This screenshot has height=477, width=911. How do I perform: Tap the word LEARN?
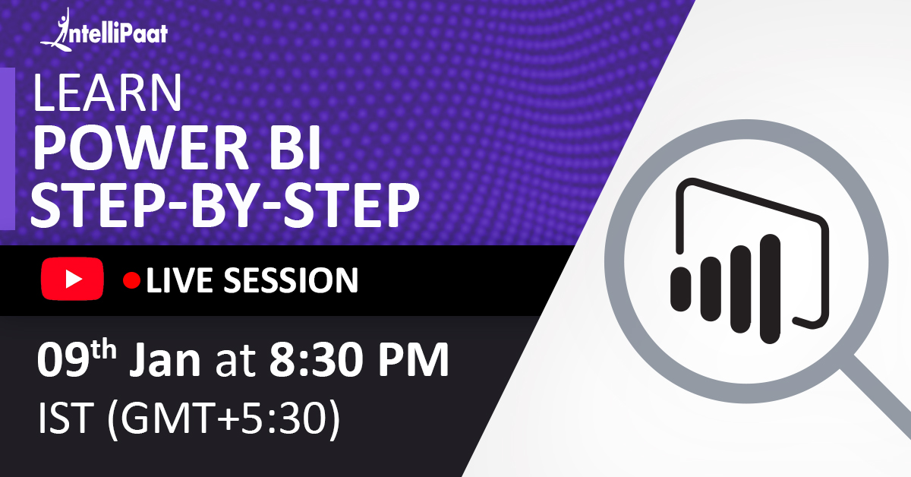click(x=107, y=94)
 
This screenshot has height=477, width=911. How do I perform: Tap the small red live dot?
click(x=132, y=281)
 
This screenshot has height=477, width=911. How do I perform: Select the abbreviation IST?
click(x=61, y=419)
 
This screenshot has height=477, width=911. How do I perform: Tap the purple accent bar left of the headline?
click(x=7, y=148)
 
